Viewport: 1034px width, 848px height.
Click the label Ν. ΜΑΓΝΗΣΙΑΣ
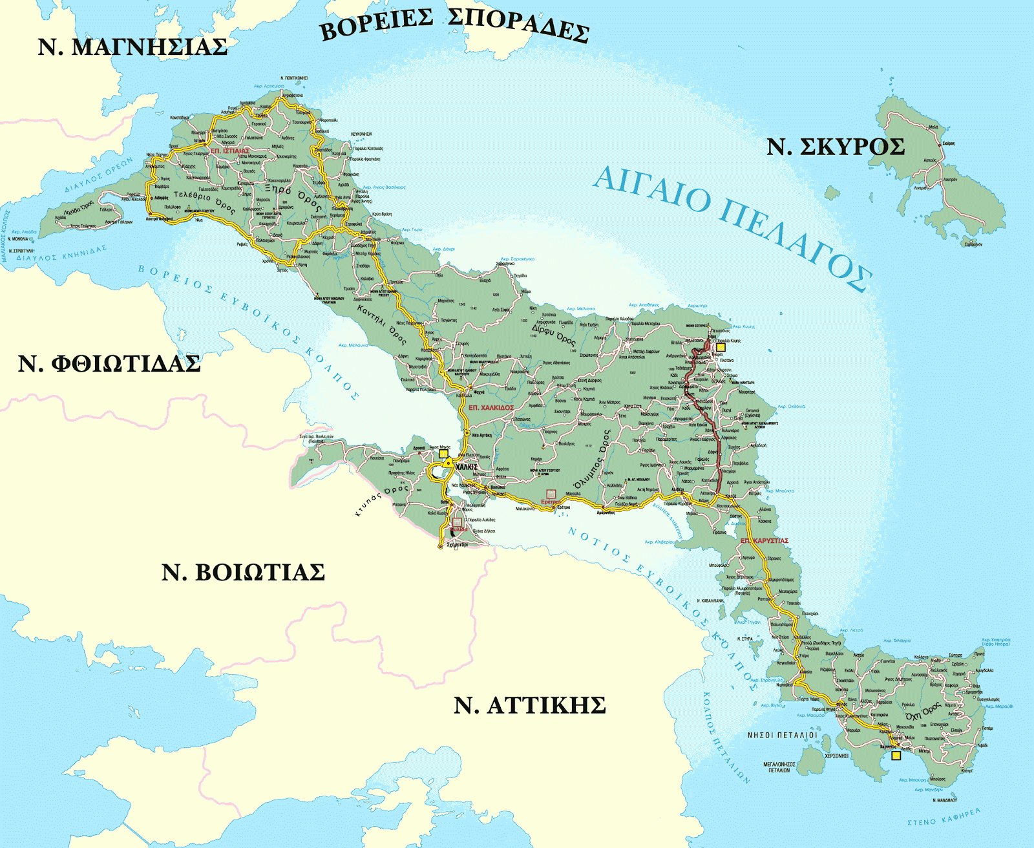click(x=132, y=47)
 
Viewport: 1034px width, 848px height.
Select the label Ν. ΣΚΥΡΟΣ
click(x=835, y=147)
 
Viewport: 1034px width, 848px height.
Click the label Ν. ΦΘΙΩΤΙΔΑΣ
click(x=109, y=364)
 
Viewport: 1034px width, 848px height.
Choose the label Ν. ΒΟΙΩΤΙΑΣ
click(x=243, y=573)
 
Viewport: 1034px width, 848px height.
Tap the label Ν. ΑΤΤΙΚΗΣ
click(x=529, y=705)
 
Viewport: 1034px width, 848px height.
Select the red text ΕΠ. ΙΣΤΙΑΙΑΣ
click(x=229, y=151)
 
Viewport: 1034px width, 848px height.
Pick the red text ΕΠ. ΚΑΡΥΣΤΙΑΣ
click(x=765, y=540)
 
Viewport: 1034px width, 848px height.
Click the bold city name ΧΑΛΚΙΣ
click(x=466, y=466)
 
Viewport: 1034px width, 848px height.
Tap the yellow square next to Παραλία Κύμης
click(x=721, y=347)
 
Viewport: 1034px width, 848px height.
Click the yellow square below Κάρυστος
click(x=896, y=755)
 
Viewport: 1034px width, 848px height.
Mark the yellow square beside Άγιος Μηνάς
click(x=443, y=454)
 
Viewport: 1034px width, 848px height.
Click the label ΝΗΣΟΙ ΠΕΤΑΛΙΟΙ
click(x=782, y=735)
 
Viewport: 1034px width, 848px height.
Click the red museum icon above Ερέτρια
click(x=551, y=493)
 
